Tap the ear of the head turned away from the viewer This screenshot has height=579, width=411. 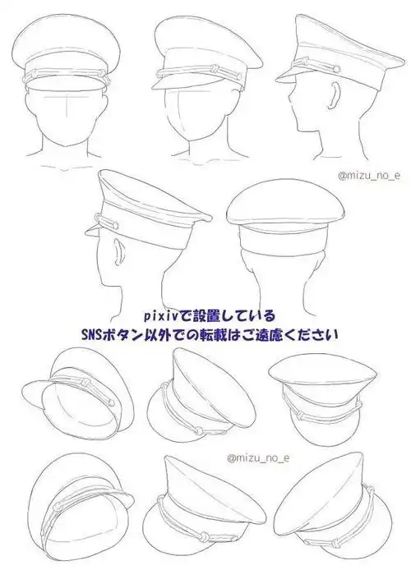tap(115, 249)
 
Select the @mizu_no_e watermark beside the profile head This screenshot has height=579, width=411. tap(367, 175)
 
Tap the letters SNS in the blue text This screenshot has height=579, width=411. tap(92, 336)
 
